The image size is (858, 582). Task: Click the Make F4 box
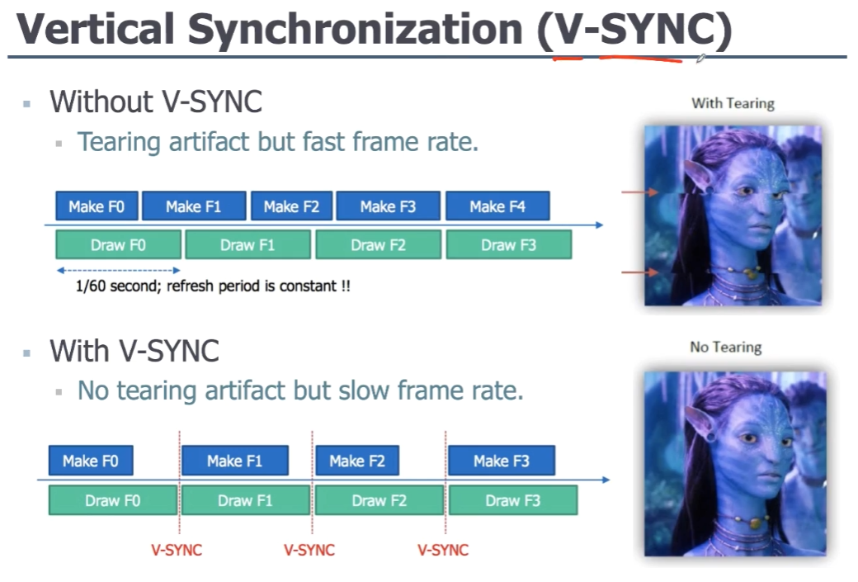(x=497, y=206)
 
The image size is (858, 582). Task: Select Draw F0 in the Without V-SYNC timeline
(x=118, y=245)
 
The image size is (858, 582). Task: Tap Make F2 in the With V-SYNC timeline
(x=357, y=461)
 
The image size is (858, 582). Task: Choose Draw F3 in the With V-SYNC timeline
(x=513, y=500)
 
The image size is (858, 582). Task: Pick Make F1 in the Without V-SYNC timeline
(x=194, y=206)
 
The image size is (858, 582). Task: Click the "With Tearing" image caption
(x=733, y=103)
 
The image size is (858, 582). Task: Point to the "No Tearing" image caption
(x=726, y=347)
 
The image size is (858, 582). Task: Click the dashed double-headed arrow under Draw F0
(x=118, y=270)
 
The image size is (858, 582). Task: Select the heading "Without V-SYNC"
(x=156, y=102)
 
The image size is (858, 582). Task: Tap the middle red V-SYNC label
(x=309, y=550)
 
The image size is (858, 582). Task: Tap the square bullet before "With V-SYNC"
(x=27, y=352)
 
